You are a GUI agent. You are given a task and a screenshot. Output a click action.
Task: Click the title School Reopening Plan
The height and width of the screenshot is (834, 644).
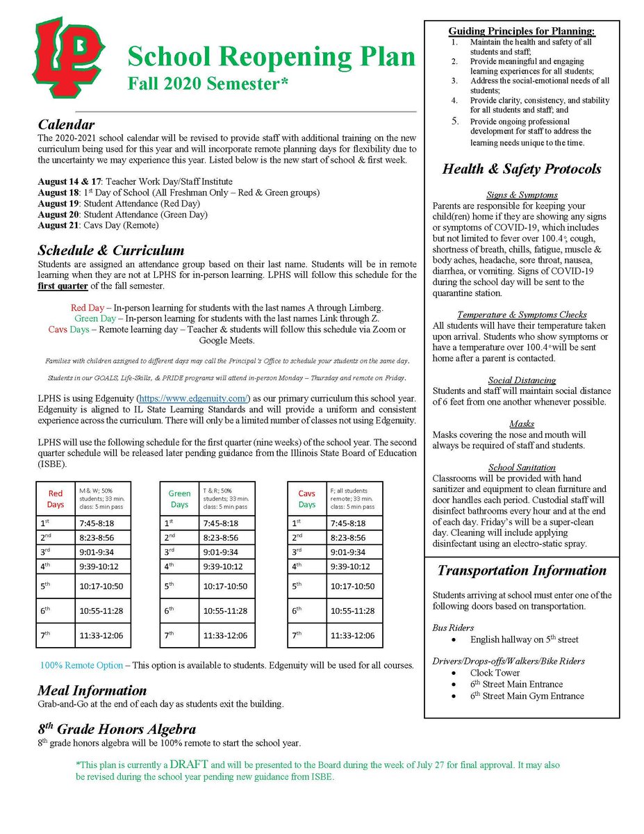point(271,56)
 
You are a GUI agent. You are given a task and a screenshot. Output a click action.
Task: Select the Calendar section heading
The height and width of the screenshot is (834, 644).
point(66,125)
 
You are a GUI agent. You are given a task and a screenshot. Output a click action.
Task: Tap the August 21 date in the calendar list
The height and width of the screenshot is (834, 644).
point(59,226)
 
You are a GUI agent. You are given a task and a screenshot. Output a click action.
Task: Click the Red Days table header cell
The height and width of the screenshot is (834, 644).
point(56,498)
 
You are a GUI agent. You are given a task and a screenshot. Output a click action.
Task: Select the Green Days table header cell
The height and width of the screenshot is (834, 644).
point(179,498)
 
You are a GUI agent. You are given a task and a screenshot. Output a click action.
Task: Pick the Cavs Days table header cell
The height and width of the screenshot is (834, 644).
point(306,498)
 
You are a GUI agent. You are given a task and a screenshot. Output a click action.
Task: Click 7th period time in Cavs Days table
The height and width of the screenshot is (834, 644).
point(353,635)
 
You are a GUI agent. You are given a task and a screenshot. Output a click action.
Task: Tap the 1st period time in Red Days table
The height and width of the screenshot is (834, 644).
point(98,523)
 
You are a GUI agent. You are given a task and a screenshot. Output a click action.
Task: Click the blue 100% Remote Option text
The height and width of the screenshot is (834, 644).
point(81,665)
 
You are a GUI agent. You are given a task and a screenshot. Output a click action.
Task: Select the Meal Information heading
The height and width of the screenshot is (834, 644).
point(92,690)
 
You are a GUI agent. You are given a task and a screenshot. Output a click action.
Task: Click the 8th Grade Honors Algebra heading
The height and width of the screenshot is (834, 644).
point(117,729)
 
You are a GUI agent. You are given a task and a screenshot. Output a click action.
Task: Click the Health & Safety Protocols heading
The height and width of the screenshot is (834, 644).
point(521,169)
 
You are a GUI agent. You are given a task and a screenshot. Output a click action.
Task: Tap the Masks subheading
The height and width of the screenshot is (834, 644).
point(521,423)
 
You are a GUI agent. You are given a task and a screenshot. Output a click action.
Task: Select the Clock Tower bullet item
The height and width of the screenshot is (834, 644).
point(495,673)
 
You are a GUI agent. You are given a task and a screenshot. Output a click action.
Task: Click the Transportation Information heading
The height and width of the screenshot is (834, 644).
point(521,571)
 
